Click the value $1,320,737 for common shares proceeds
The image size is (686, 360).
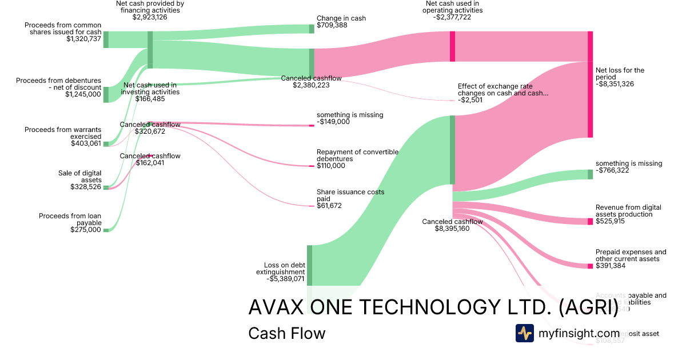tap(83, 39)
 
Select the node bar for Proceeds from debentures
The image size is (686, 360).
tap(106, 94)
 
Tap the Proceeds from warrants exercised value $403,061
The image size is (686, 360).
tap(85, 143)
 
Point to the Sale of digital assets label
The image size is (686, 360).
tap(79, 177)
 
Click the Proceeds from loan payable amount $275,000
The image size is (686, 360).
tap(85, 230)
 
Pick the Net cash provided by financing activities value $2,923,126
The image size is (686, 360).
tap(150, 17)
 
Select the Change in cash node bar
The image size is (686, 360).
tap(312, 29)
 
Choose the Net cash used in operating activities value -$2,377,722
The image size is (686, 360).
tap(452, 17)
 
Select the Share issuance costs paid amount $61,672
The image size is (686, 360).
tap(329, 206)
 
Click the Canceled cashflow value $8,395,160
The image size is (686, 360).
tap(452, 229)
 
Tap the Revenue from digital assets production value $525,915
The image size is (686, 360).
tap(610, 221)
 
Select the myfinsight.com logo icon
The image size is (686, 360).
tap(524, 333)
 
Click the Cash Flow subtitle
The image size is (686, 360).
tap(286, 333)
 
